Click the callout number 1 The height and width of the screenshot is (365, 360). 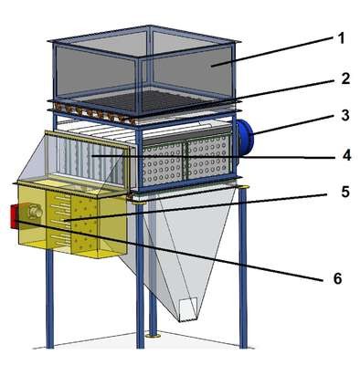coord(341,38)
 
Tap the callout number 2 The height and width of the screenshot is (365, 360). coord(345,78)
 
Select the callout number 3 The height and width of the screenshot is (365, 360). coord(345,116)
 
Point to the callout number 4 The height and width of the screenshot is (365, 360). coord(346,155)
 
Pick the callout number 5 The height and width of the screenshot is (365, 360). coord(345,192)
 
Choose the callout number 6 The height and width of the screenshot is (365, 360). coord(337,278)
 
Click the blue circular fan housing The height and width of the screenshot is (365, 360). coord(245,138)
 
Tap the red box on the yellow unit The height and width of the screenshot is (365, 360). coord(14,216)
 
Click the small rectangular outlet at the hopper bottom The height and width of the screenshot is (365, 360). coord(188,310)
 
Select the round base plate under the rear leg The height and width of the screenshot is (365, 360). coord(154,336)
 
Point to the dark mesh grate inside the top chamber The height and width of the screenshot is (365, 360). coord(146,100)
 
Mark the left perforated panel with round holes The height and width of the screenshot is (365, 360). coord(163,164)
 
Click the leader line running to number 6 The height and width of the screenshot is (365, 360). coord(168,249)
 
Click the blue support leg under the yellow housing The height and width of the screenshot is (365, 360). coord(50,298)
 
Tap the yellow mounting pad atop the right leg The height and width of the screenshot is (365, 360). coord(243,187)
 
